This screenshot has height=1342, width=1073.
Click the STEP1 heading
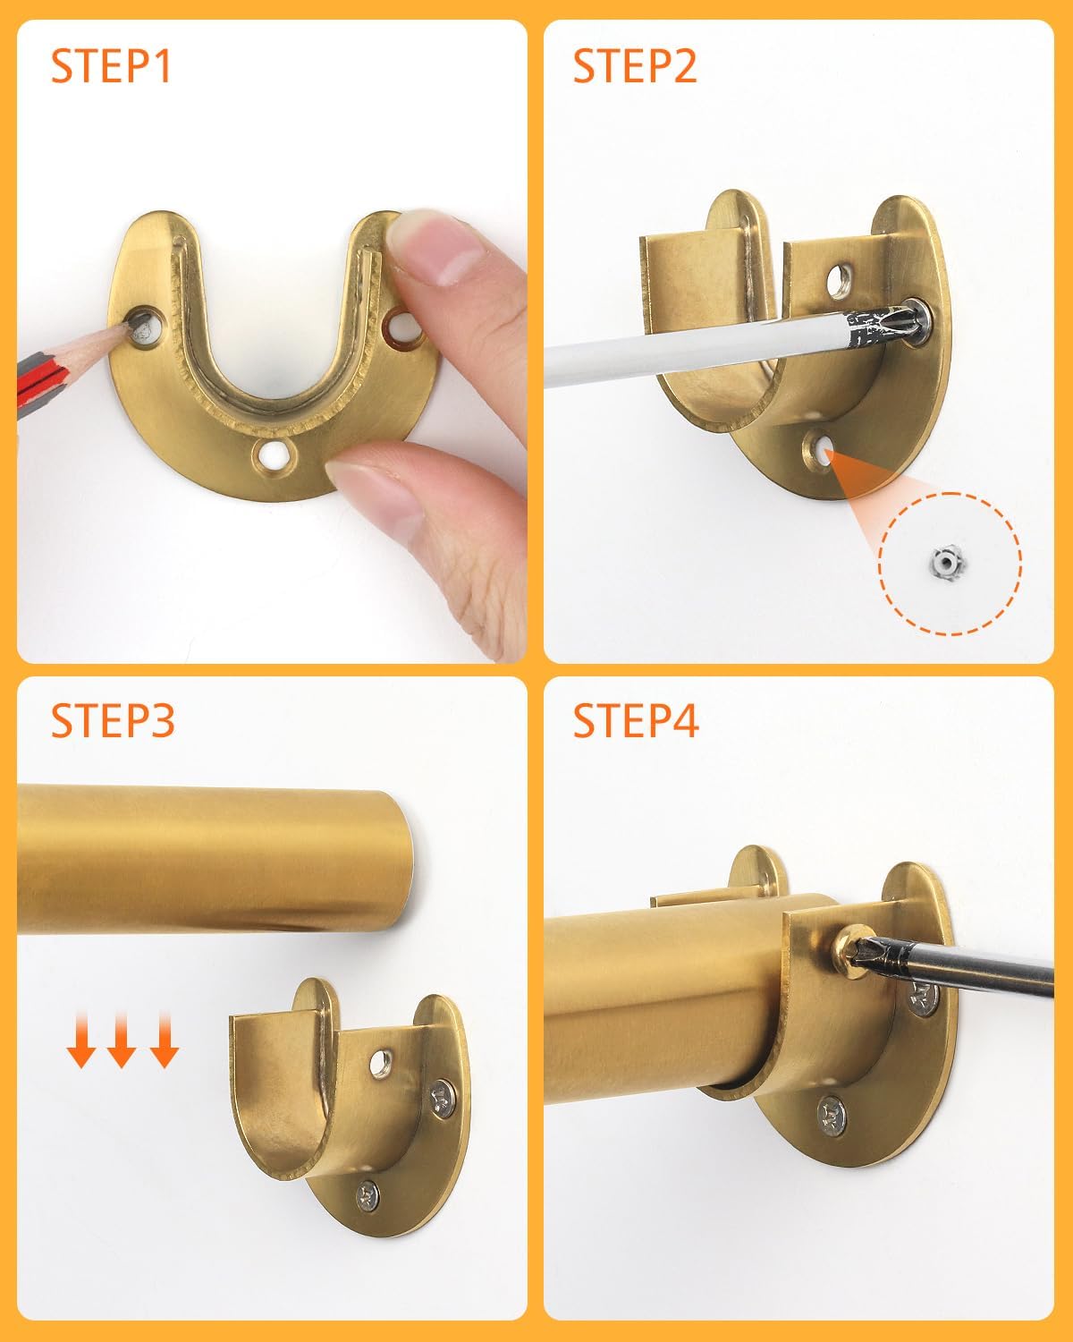(110, 66)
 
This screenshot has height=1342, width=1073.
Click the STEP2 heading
(635, 66)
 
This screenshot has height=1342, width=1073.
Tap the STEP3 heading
(113, 720)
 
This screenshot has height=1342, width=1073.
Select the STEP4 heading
(636, 720)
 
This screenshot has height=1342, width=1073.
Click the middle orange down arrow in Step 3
(122, 1040)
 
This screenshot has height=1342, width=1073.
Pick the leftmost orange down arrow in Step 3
(81, 1040)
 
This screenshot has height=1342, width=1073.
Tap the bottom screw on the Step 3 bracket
(368, 1197)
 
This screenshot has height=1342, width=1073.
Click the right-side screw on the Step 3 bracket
(442, 1099)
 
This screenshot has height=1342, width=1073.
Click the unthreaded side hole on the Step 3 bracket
(381, 1064)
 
